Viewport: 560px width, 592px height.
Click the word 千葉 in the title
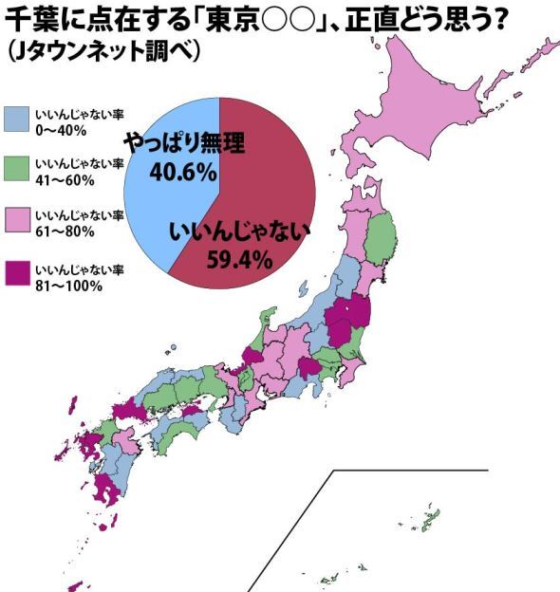tap(34, 17)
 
